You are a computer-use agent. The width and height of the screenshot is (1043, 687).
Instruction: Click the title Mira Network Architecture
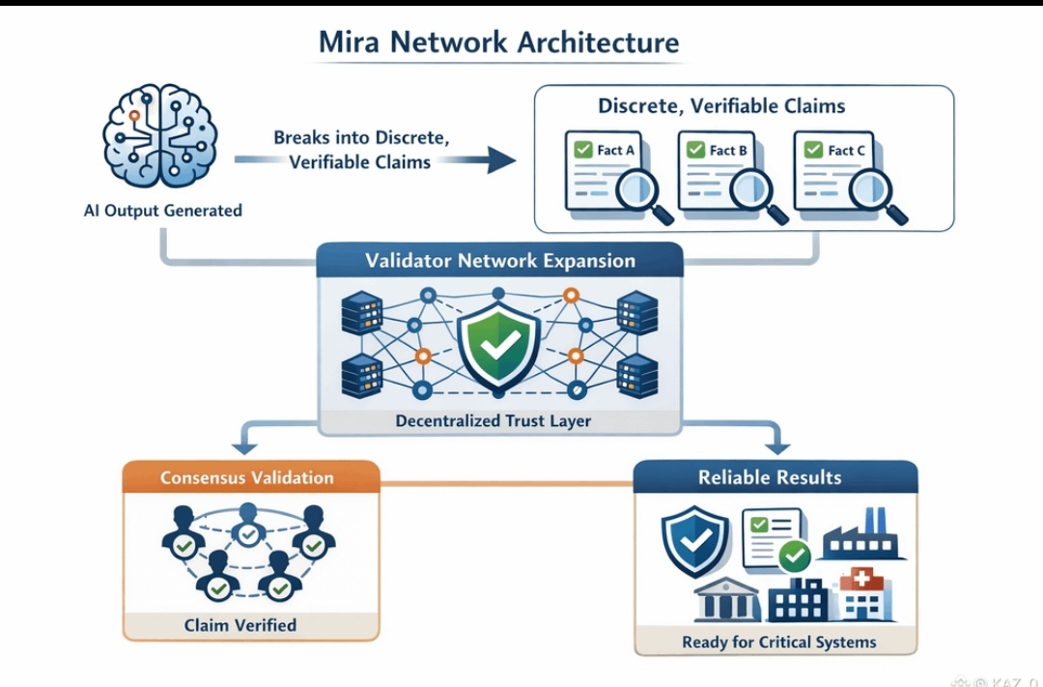(x=499, y=43)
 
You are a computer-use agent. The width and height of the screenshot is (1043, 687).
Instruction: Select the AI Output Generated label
(x=162, y=210)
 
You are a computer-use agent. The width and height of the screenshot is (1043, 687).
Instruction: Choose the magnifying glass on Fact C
(x=880, y=191)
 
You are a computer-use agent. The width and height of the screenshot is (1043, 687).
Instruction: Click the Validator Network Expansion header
(x=500, y=261)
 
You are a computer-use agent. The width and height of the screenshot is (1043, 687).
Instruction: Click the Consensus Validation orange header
(x=247, y=477)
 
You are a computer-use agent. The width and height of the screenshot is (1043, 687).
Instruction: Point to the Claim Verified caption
(x=240, y=625)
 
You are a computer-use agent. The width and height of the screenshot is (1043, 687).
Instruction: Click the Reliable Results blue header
(x=770, y=477)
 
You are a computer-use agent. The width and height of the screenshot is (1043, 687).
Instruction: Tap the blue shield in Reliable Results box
(x=692, y=544)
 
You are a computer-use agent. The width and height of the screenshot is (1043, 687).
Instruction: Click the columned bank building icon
(x=725, y=600)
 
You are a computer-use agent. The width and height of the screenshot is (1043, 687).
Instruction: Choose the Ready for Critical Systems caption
(x=778, y=642)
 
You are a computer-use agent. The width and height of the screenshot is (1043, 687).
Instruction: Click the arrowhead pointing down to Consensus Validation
(x=243, y=447)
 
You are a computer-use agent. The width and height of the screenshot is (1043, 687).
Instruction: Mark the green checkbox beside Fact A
(x=582, y=150)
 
